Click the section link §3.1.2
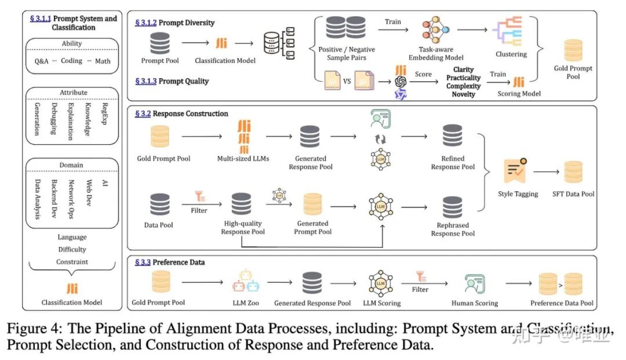coord(145,23)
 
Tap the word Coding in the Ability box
coord(71,61)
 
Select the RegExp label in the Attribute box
coord(104,114)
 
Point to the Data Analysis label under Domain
coord(37,199)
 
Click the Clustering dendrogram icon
coord(507,31)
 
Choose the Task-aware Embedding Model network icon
coord(435,30)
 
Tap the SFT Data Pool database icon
coord(573,172)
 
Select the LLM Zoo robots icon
coord(246,282)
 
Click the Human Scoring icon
coord(474,284)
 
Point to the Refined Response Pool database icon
coord(452,136)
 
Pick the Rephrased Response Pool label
coord(453,230)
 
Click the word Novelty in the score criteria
coord(463,94)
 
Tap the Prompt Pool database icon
coord(160,43)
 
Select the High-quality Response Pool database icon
coord(241,204)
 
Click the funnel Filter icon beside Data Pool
coord(199,197)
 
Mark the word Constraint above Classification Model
coord(72,262)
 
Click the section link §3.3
coord(143,262)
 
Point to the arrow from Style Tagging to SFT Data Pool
coord(546,172)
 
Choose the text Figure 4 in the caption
coord(34,329)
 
